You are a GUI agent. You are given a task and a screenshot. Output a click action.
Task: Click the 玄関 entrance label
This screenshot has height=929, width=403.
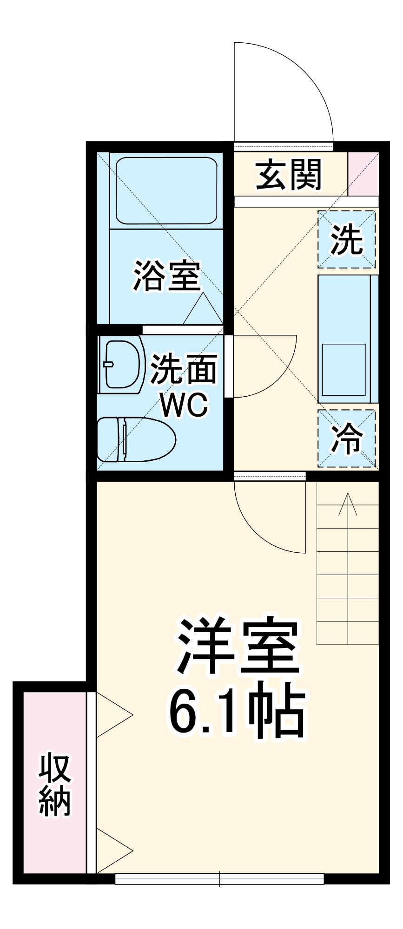pyautogui.click(x=289, y=175)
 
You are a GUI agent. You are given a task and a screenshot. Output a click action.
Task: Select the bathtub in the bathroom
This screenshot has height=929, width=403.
pyautogui.click(x=166, y=191)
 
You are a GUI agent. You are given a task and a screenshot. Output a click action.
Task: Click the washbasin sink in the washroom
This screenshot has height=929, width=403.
pyautogui.click(x=122, y=364)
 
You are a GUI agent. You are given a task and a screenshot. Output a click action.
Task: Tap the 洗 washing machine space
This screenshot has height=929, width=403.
pyautogui.click(x=346, y=239)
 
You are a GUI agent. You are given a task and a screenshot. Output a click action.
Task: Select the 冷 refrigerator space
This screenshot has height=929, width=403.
pyautogui.click(x=346, y=438)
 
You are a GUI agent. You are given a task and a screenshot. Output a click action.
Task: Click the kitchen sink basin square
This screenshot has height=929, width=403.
pyautogui.click(x=344, y=369)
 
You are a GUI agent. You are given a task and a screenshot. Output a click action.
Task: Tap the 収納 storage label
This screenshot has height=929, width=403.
pyautogui.click(x=54, y=785)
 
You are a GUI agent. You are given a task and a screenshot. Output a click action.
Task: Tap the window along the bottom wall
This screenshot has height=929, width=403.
pyautogui.click(x=219, y=878)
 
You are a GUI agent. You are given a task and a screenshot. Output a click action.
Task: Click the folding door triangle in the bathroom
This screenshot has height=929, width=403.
pyautogui.click(x=203, y=310)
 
